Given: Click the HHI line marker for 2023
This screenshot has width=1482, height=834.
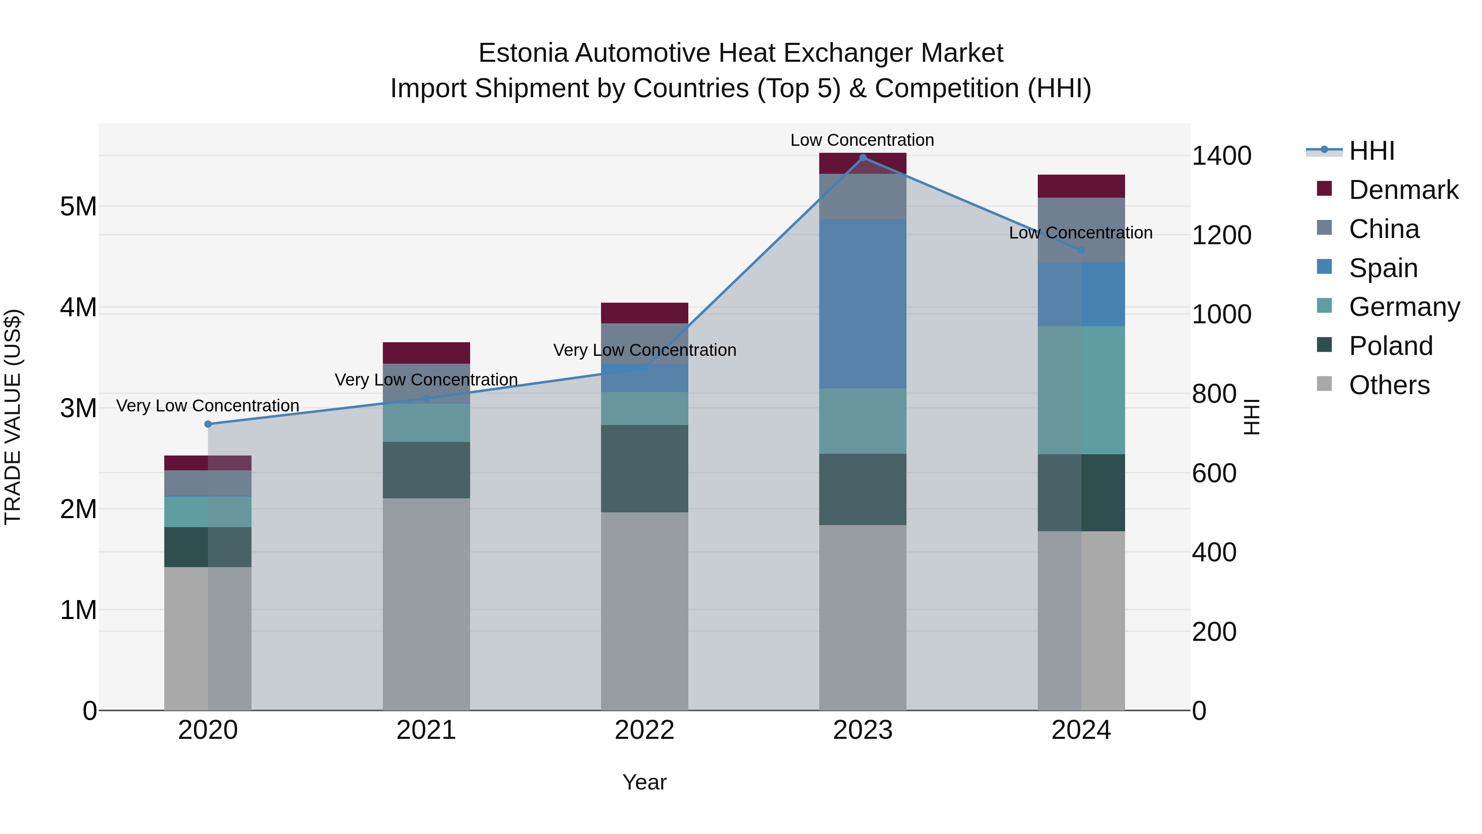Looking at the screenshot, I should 862,158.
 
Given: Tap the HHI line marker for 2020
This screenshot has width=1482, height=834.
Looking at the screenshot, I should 208,424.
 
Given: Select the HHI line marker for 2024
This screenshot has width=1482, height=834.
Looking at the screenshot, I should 1081,250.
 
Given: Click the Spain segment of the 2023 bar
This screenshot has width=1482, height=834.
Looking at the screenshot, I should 862,303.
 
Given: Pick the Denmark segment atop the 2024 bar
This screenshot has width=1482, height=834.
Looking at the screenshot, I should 1081,186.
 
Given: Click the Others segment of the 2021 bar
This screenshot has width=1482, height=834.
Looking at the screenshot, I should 426,604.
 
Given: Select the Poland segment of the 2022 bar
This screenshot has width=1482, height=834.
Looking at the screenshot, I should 644,469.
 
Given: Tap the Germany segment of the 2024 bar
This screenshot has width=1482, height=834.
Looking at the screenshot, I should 1081,390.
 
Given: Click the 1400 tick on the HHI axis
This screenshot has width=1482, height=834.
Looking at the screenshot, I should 1221,156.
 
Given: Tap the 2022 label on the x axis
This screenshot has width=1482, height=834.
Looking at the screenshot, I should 644,730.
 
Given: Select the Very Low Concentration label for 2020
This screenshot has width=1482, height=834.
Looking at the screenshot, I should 208,406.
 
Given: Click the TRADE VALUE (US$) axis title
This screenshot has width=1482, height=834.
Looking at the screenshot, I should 13,417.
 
